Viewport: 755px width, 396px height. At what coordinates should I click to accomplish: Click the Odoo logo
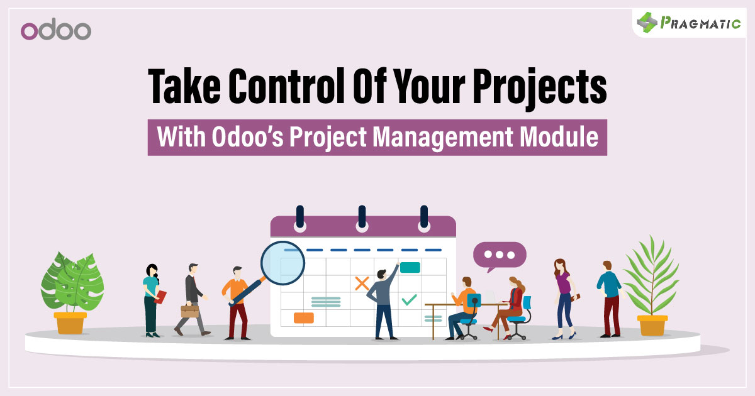[x=56, y=30]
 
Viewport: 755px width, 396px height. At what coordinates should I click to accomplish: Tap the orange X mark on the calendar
[x=361, y=283]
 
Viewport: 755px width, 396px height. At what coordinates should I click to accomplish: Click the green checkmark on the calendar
[x=409, y=299]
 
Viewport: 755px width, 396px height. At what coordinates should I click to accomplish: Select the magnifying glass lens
[x=281, y=263]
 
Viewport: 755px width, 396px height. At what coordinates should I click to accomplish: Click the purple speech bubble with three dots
[x=500, y=255]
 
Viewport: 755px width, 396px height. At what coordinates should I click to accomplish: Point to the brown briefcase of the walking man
[x=189, y=311]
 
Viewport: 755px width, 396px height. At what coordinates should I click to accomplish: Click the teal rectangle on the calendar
[x=410, y=267]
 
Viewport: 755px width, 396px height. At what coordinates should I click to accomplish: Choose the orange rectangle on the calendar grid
[x=304, y=318]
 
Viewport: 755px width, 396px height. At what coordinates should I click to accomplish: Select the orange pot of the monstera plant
[x=70, y=322]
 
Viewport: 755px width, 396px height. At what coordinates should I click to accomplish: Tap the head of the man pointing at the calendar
[x=381, y=274]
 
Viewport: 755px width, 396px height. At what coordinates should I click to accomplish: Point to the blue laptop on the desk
[x=474, y=300]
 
